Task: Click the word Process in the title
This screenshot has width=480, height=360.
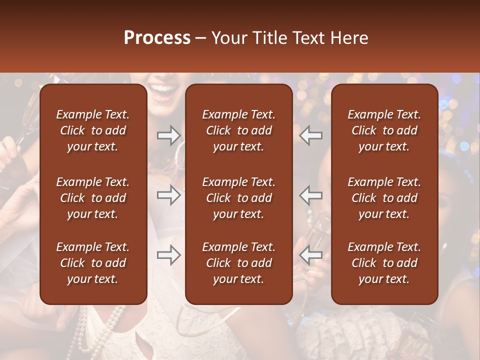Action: [157, 38]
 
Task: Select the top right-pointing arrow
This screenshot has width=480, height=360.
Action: [169, 135]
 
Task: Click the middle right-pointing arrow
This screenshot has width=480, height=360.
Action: [169, 194]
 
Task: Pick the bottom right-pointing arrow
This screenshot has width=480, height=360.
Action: [169, 255]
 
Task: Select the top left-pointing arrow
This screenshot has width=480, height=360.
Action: [310, 135]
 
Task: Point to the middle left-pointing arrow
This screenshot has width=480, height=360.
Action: [310, 194]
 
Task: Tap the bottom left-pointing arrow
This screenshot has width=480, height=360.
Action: [310, 255]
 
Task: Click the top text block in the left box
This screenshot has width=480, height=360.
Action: [93, 130]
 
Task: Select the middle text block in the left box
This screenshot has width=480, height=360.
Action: [93, 198]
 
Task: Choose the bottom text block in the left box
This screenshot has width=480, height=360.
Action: [93, 263]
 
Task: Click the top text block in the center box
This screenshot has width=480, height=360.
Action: [238, 130]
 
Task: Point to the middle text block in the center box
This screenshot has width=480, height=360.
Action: [238, 198]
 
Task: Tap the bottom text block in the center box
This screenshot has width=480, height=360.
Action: [238, 263]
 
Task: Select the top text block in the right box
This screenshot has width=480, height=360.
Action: [384, 130]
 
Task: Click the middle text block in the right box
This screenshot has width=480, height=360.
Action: [384, 198]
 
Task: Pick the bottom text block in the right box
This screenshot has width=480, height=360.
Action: [384, 263]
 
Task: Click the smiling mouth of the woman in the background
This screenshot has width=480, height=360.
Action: [165, 89]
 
